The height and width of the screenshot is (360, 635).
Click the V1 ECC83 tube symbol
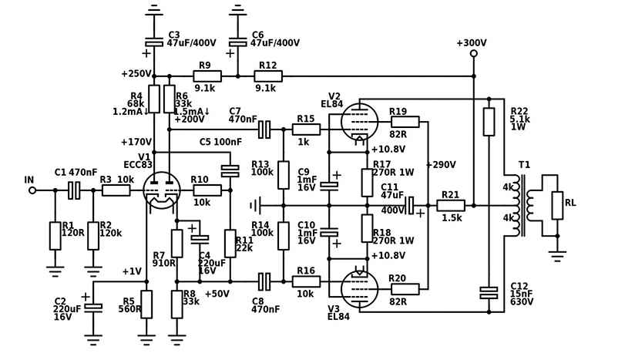pyautogui.click(x=163, y=190)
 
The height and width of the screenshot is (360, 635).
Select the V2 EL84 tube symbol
pyautogui.click(x=359, y=122)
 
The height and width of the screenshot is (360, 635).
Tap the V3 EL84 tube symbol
pyautogui.click(x=359, y=287)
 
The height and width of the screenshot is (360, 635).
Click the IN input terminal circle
pyautogui.click(x=32, y=190)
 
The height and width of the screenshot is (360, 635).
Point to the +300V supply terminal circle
pyautogui.click(x=473, y=54)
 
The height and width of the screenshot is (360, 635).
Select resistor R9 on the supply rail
pyautogui.click(x=207, y=76)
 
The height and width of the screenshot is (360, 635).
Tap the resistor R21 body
pyautogui.click(x=450, y=206)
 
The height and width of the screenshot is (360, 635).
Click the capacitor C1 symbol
pyautogui.click(x=74, y=190)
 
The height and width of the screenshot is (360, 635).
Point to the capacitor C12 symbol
pyautogui.click(x=489, y=292)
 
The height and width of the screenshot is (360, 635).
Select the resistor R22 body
pyautogui.click(x=489, y=122)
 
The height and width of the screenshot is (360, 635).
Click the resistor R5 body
pyautogui.click(x=146, y=304)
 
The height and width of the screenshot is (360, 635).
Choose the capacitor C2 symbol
pyautogui.click(x=93, y=306)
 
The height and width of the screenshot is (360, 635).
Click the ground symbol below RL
pyautogui.click(x=556, y=254)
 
